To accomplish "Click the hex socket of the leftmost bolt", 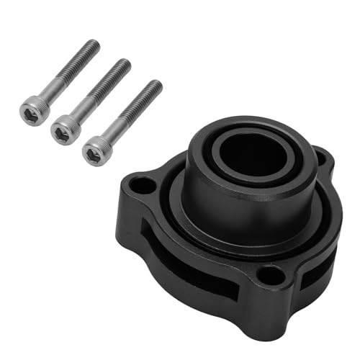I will pyautogui.click(x=33, y=110).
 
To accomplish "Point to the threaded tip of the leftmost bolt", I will pyautogui.click(x=91, y=46).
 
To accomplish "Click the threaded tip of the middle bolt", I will pyautogui.click(x=124, y=66).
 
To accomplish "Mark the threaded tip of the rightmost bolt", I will pyautogui.click(x=155, y=86).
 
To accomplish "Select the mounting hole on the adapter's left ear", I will pyautogui.click(x=143, y=186).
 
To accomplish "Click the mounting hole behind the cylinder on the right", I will pyautogui.click(x=320, y=156).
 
